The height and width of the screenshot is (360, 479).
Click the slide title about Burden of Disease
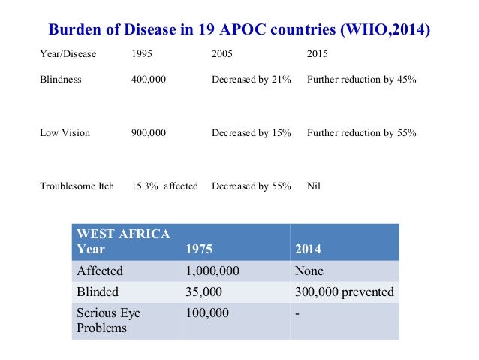[x=239, y=31]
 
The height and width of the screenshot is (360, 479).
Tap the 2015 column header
[x=318, y=55]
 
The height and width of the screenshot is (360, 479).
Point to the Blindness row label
[x=61, y=79]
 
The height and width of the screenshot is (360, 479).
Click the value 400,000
[x=149, y=79]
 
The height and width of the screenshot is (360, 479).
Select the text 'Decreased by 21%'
[x=251, y=79]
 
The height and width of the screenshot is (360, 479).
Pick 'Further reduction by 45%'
[x=361, y=79]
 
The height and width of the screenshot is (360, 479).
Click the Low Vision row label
[x=65, y=133]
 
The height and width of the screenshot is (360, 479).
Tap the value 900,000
[x=149, y=133]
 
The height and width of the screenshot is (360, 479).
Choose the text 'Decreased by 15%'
[x=251, y=133]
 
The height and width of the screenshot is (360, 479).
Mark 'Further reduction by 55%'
[x=361, y=133]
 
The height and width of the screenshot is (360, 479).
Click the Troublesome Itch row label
[x=77, y=186]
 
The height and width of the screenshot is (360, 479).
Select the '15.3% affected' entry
[x=164, y=186]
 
